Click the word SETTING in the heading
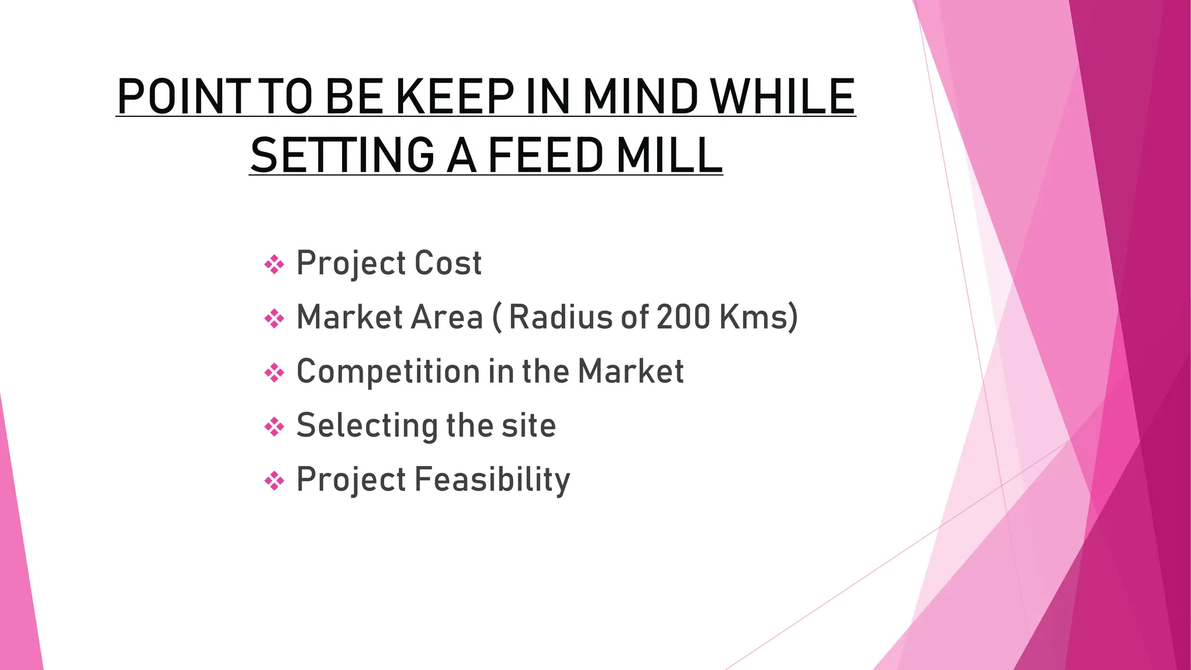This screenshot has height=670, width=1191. click(x=343, y=155)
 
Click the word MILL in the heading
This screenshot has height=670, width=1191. click(x=669, y=155)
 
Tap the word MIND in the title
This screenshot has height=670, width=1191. click(x=640, y=97)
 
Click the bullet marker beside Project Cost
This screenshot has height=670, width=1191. click(x=274, y=265)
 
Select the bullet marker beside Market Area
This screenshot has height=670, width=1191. click(x=274, y=318)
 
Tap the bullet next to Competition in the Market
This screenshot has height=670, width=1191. click(x=274, y=372)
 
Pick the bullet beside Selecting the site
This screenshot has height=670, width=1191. click(x=274, y=427)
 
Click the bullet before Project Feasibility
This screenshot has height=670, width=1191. click(x=274, y=480)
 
